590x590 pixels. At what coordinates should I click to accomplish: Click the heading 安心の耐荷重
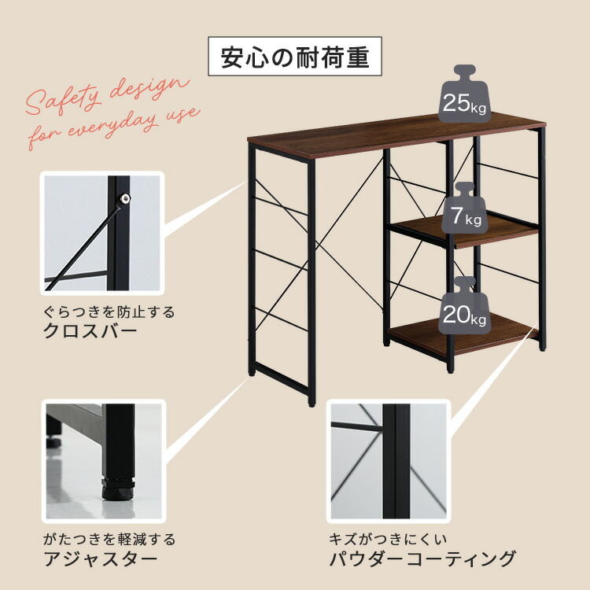(x=294, y=59)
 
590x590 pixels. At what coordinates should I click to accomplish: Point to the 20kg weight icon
(x=463, y=309)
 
